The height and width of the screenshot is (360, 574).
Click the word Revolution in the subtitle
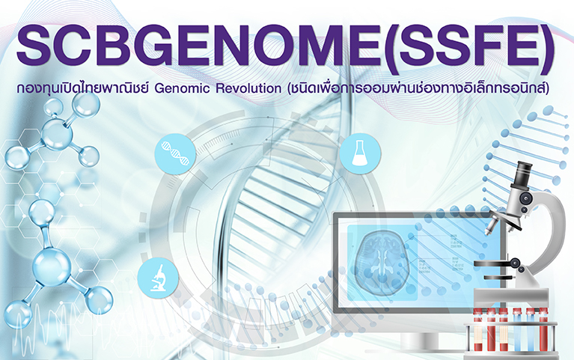(x=248, y=88)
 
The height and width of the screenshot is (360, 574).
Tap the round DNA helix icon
(x=175, y=153)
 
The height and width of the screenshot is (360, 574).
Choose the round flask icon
(x=360, y=153)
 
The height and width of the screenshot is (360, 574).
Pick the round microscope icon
(x=158, y=278)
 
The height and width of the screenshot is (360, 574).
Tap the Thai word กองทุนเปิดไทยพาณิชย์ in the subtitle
(x=83, y=89)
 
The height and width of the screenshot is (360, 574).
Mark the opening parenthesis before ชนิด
(x=290, y=89)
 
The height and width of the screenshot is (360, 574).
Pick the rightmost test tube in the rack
(x=543, y=330)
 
